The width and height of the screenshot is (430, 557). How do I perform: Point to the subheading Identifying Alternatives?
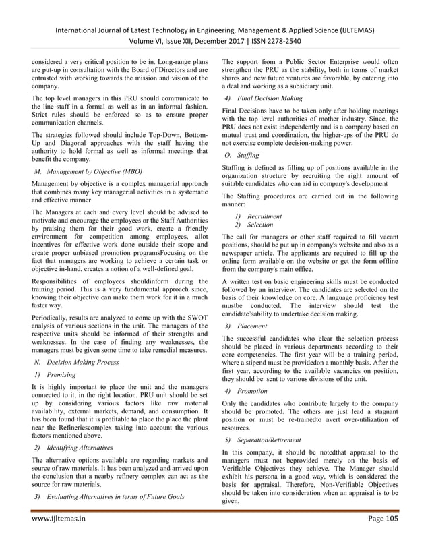pyautogui.click(x=69, y=448)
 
